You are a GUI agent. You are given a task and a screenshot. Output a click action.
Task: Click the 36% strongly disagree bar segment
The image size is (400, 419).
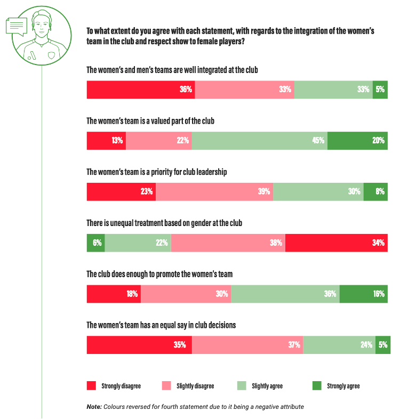(141, 90)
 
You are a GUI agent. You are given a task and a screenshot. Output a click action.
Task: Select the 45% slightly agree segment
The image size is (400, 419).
(259, 141)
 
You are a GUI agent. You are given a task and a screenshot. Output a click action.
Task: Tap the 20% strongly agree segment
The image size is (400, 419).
(357, 141)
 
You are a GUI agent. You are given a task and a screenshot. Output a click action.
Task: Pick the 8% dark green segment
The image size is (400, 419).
(375, 192)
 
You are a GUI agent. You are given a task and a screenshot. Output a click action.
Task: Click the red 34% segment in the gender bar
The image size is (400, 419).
(337, 243)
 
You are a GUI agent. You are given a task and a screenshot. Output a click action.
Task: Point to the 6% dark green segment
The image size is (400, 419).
(95, 243)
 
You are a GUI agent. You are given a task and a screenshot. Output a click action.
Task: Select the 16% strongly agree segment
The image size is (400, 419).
(363, 294)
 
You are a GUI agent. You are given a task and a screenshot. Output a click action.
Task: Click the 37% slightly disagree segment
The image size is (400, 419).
(247, 345)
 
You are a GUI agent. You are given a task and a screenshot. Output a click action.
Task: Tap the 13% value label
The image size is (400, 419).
(118, 141)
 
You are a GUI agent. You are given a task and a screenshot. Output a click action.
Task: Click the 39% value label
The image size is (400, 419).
(264, 192)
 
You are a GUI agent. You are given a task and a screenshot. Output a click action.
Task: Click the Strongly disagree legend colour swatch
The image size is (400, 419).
(91, 385)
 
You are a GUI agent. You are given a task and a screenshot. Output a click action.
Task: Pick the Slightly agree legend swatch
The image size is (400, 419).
(241, 385)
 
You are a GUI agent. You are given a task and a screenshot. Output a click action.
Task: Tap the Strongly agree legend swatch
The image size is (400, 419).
(316, 385)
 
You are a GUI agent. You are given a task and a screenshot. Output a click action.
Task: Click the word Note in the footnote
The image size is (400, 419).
(94, 407)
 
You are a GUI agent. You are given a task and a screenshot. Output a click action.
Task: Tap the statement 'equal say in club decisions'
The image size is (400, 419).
(161, 325)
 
